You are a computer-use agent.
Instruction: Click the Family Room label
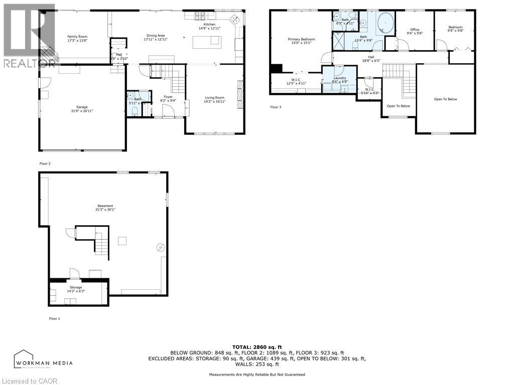(77, 37)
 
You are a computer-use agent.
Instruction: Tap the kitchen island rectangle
(207, 43)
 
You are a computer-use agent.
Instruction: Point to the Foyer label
(168, 97)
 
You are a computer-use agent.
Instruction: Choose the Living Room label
(215, 98)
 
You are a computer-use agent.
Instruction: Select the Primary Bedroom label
(301, 39)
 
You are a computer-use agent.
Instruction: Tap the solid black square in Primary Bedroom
(276, 69)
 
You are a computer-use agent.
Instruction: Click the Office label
(414, 30)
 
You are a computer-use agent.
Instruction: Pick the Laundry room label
(340, 78)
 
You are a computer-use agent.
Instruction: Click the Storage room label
(76, 287)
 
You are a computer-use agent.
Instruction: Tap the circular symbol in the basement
(160, 247)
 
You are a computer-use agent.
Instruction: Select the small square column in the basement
(122, 241)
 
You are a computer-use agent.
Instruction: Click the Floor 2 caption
(45, 163)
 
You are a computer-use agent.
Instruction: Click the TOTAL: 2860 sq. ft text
(256, 347)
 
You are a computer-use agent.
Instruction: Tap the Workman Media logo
(43, 359)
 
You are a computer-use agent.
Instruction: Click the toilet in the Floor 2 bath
(134, 110)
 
